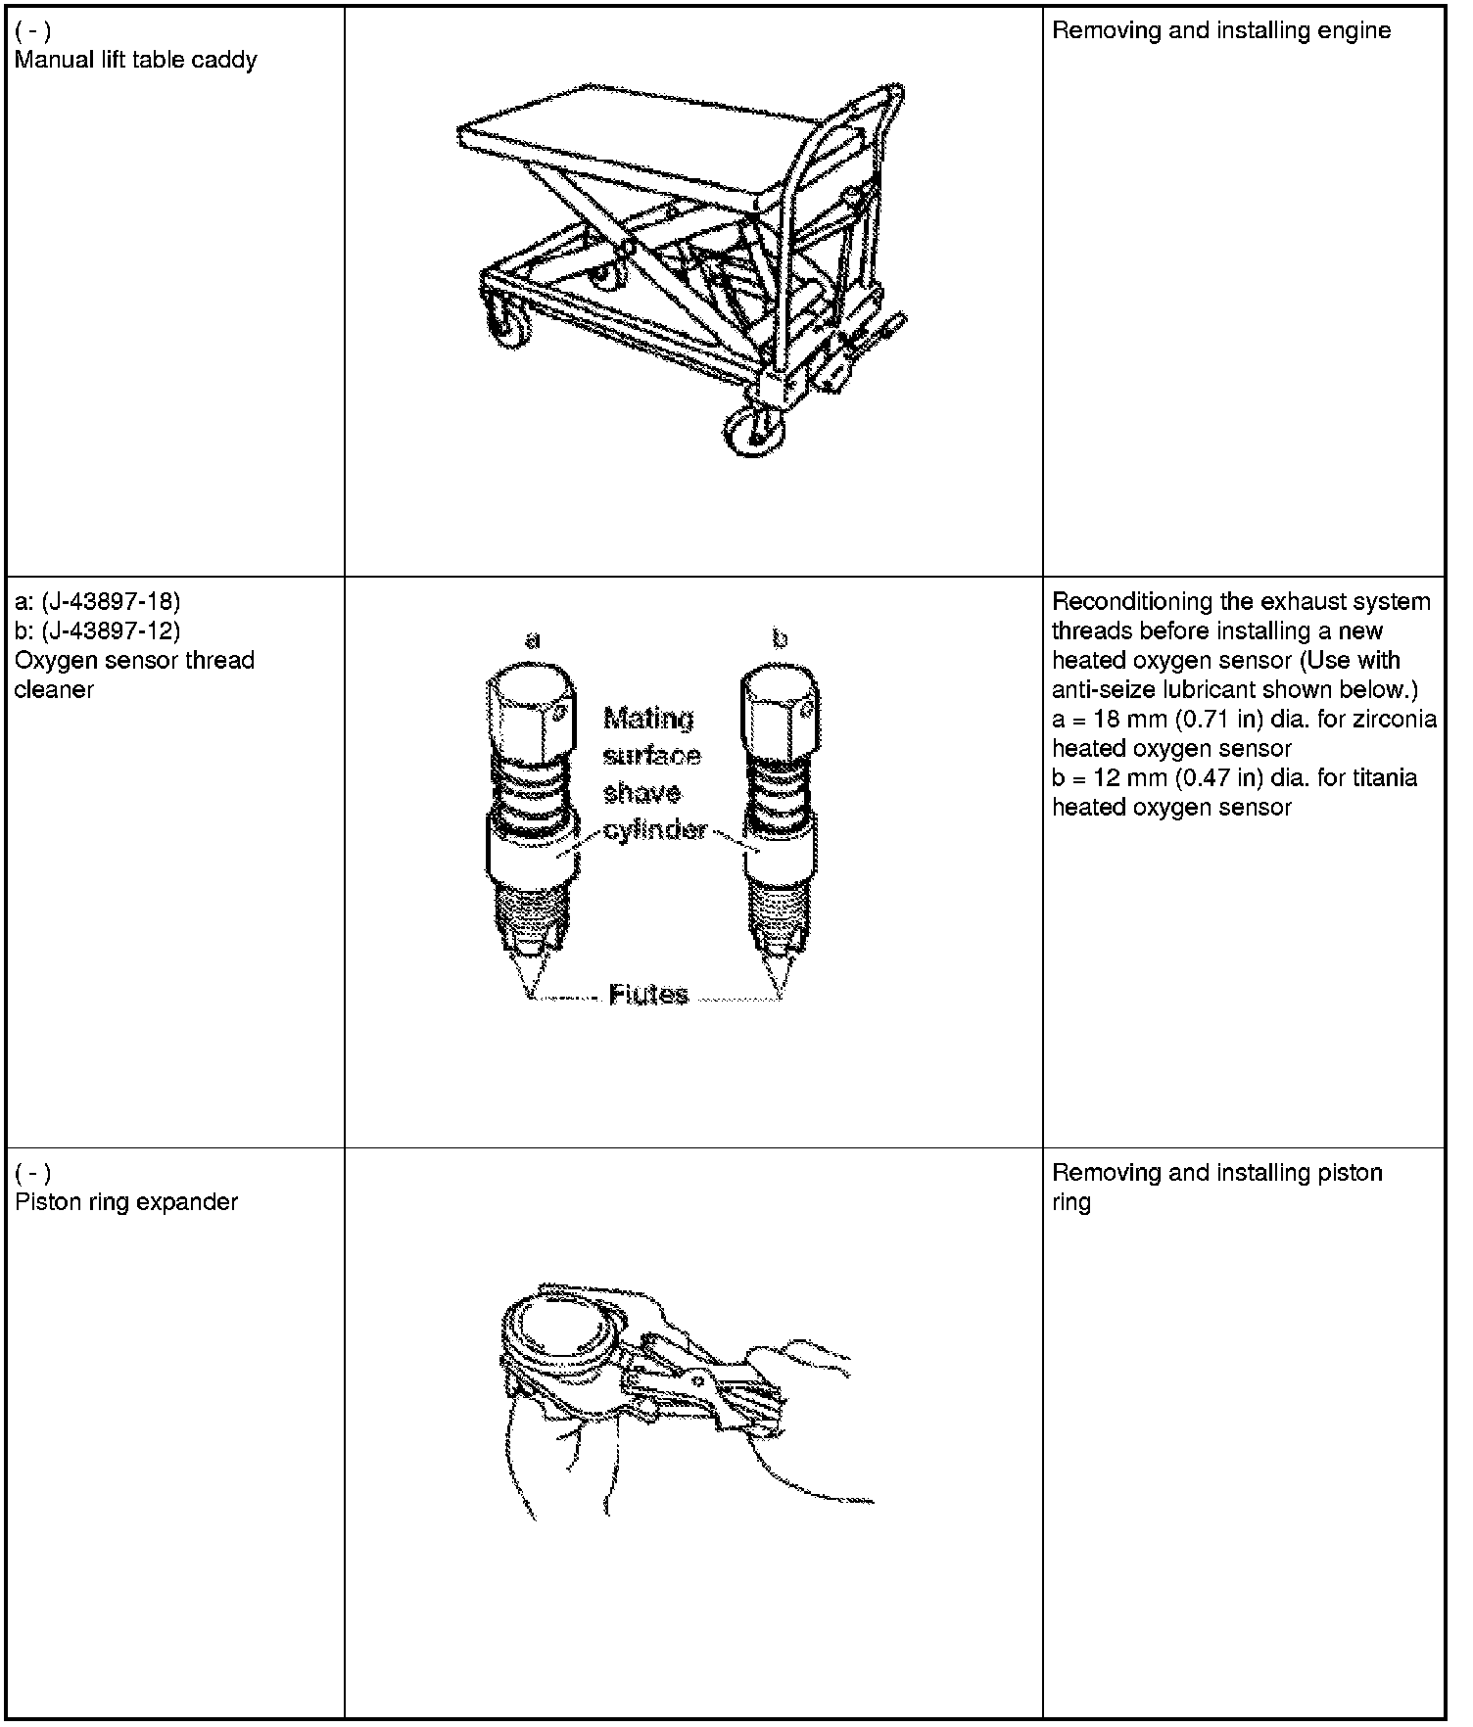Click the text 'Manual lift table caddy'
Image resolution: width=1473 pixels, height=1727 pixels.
pyautogui.click(x=135, y=60)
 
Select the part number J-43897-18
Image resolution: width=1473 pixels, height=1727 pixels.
pyautogui.click(x=111, y=600)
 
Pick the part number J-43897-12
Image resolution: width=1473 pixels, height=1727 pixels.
pyautogui.click(x=111, y=630)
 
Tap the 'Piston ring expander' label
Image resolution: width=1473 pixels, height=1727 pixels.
pyautogui.click(x=126, y=1201)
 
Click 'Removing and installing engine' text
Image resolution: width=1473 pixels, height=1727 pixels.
pyautogui.click(x=1220, y=30)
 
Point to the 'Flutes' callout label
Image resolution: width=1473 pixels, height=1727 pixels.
pyautogui.click(x=648, y=995)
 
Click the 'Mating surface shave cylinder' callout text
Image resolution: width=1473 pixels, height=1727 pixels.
pyautogui.click(x=652, y=773)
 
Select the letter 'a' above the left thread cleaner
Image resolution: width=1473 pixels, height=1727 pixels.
pyautogui.click(x=533, y=640)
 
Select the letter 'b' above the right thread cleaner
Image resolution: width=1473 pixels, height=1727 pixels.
pyautogui.click(x=780, y=640)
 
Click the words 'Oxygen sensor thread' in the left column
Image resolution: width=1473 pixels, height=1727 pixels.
pyautogui.click(x=134, y=660)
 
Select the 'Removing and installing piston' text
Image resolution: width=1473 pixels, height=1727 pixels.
pyautogui.click(x=1216, y=1172)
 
